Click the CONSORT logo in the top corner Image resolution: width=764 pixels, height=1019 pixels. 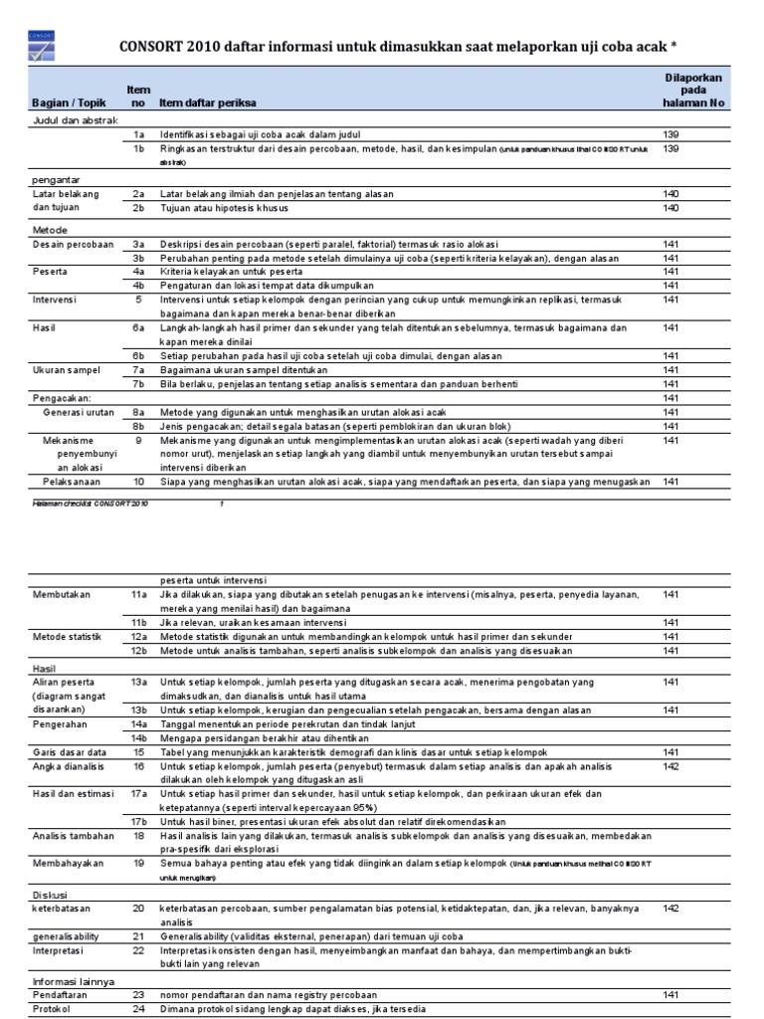click(x=41, y=47)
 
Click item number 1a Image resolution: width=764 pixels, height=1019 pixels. click(x=139, y=134)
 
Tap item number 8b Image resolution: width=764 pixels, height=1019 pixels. click(x=139, y=426)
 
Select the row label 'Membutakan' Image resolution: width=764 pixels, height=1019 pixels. click(x=62, y=594)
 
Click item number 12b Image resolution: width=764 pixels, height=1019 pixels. click(x=139, y=651)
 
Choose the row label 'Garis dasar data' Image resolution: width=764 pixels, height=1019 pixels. click(x=70, y=753)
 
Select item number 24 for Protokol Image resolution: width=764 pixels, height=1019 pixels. click(x=139, y=1009)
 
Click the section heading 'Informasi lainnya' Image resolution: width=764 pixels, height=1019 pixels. click(x=73, y=981)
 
